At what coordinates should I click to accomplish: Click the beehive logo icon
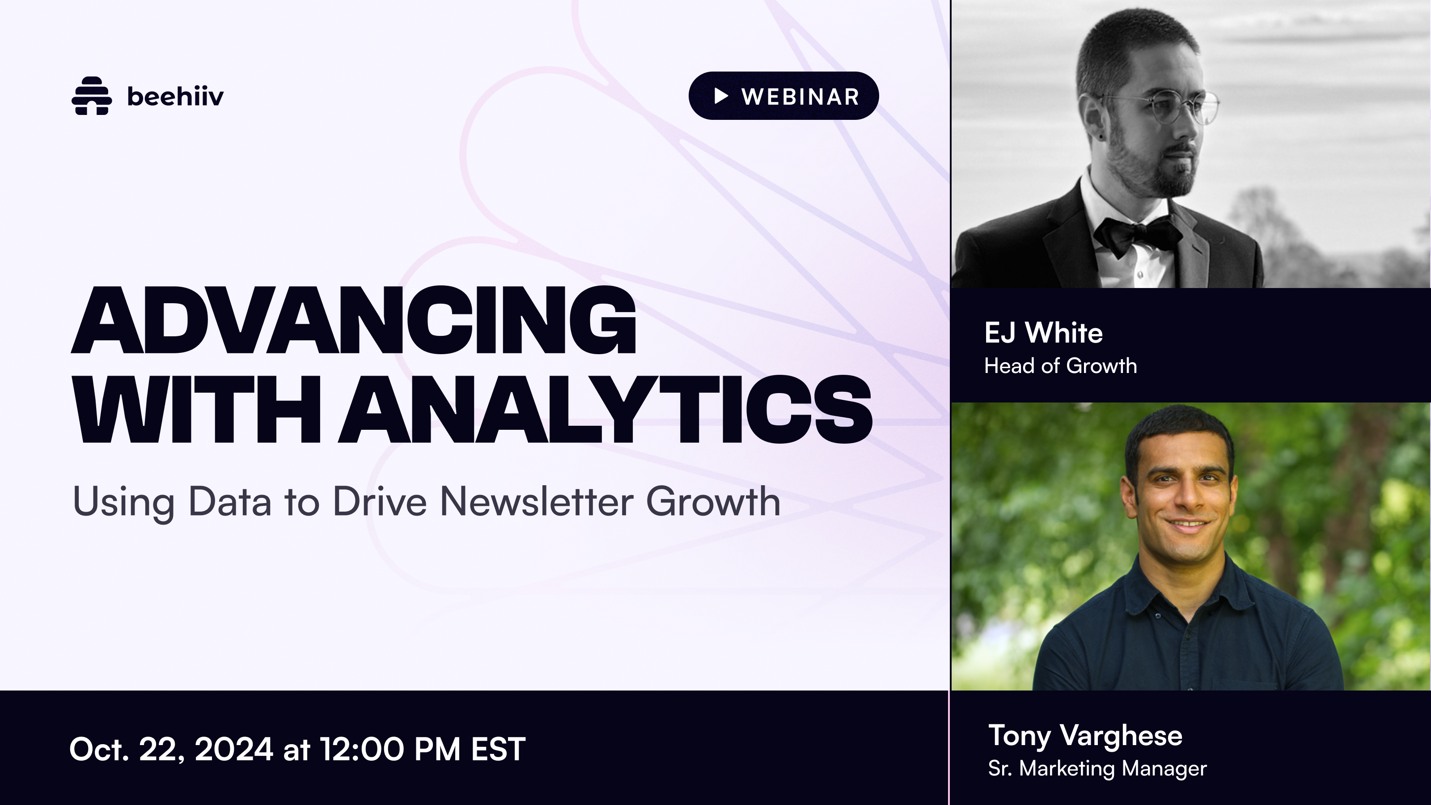(92, 96)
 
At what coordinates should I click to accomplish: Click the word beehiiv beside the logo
(175, 96)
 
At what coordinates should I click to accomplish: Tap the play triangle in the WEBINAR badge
(720, 96)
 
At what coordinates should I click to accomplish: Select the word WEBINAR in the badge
(800, 97)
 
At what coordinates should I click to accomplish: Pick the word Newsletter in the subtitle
(537, 502)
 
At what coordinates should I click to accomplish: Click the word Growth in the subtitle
(713, 502)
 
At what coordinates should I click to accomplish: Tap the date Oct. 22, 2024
(171, 750)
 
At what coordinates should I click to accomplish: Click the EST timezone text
(498, 750)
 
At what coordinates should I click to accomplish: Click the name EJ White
(1043, 333)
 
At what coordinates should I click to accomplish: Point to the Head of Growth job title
(1060, 365)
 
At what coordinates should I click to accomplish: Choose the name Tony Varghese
(1085, 736)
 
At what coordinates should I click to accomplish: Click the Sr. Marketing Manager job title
(1097, 768)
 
